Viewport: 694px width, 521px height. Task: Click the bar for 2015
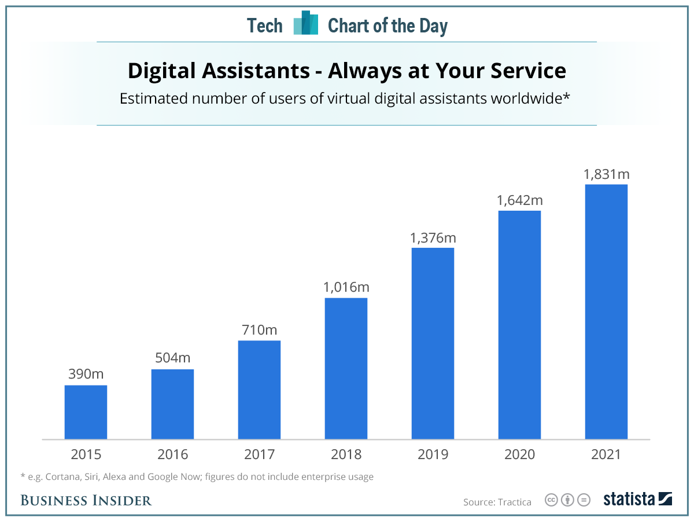(86, 412)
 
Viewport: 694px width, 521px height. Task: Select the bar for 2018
(346, 369)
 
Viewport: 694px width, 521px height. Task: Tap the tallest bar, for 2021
(606, 312)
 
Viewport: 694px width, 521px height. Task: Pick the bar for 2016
(172, 404)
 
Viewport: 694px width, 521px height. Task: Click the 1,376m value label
(433, 237)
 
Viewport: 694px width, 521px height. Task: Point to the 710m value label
(259, 330)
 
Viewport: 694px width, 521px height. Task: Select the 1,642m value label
(520, 200)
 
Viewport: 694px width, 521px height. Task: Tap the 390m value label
(86, 374)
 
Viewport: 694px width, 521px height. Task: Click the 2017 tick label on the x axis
(259, 454)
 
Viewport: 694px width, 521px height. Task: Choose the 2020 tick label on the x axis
(519, 454)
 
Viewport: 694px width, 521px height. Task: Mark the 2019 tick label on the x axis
(433, 454)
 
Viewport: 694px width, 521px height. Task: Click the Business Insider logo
(86, 500)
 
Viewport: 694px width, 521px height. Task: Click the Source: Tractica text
(497, 502)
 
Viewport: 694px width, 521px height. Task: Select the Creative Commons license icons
(567, 500)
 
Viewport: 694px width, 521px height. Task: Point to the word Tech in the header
(265, 25)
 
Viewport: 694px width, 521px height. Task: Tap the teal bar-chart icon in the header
(305, 23)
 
